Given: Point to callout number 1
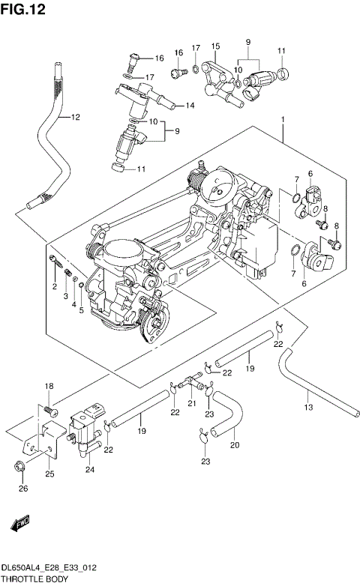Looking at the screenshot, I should pyautogui.click(x=283, y=119).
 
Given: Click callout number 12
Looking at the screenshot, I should pyautogui.click(x=73, y=117).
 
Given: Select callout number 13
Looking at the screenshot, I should pyautogui.click(x=307, y=407).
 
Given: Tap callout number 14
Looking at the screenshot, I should pyautogui.click(x=190, y=106).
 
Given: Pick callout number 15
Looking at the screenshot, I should pyautogui.click(x=215, y=46).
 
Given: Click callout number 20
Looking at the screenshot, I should pyautogui.click(x=234, y=445).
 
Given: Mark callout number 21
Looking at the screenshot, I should pyautogui.click(x=191, y=404).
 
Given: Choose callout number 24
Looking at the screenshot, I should pyautogui.click(x=90, y=470).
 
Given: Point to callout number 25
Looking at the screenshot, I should pyautogui.click(x=49, y=474).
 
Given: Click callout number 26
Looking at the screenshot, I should pyautogui.click(x=22, y=489).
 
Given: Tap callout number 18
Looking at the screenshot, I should pyautogui.click(x=49, y=386).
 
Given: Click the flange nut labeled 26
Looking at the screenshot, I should pyautogui.click(x=19, y=469).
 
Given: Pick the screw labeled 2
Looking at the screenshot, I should pyautogui.click(x=54, y=262).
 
